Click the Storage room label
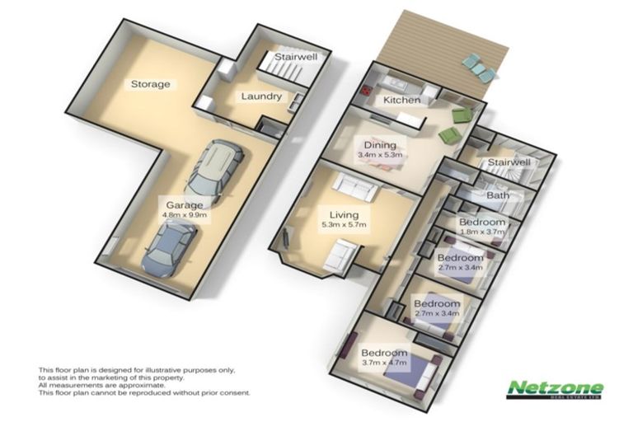click(150, 84)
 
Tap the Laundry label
click(261, 96)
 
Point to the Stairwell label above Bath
click(508, 163)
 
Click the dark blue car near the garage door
click(169, 248)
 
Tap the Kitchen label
click(402, 100)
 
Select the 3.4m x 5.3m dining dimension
click(379, 154)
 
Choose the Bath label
click(498, 196)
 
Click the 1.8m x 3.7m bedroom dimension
click(482, 232)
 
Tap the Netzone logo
click(555, 389)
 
